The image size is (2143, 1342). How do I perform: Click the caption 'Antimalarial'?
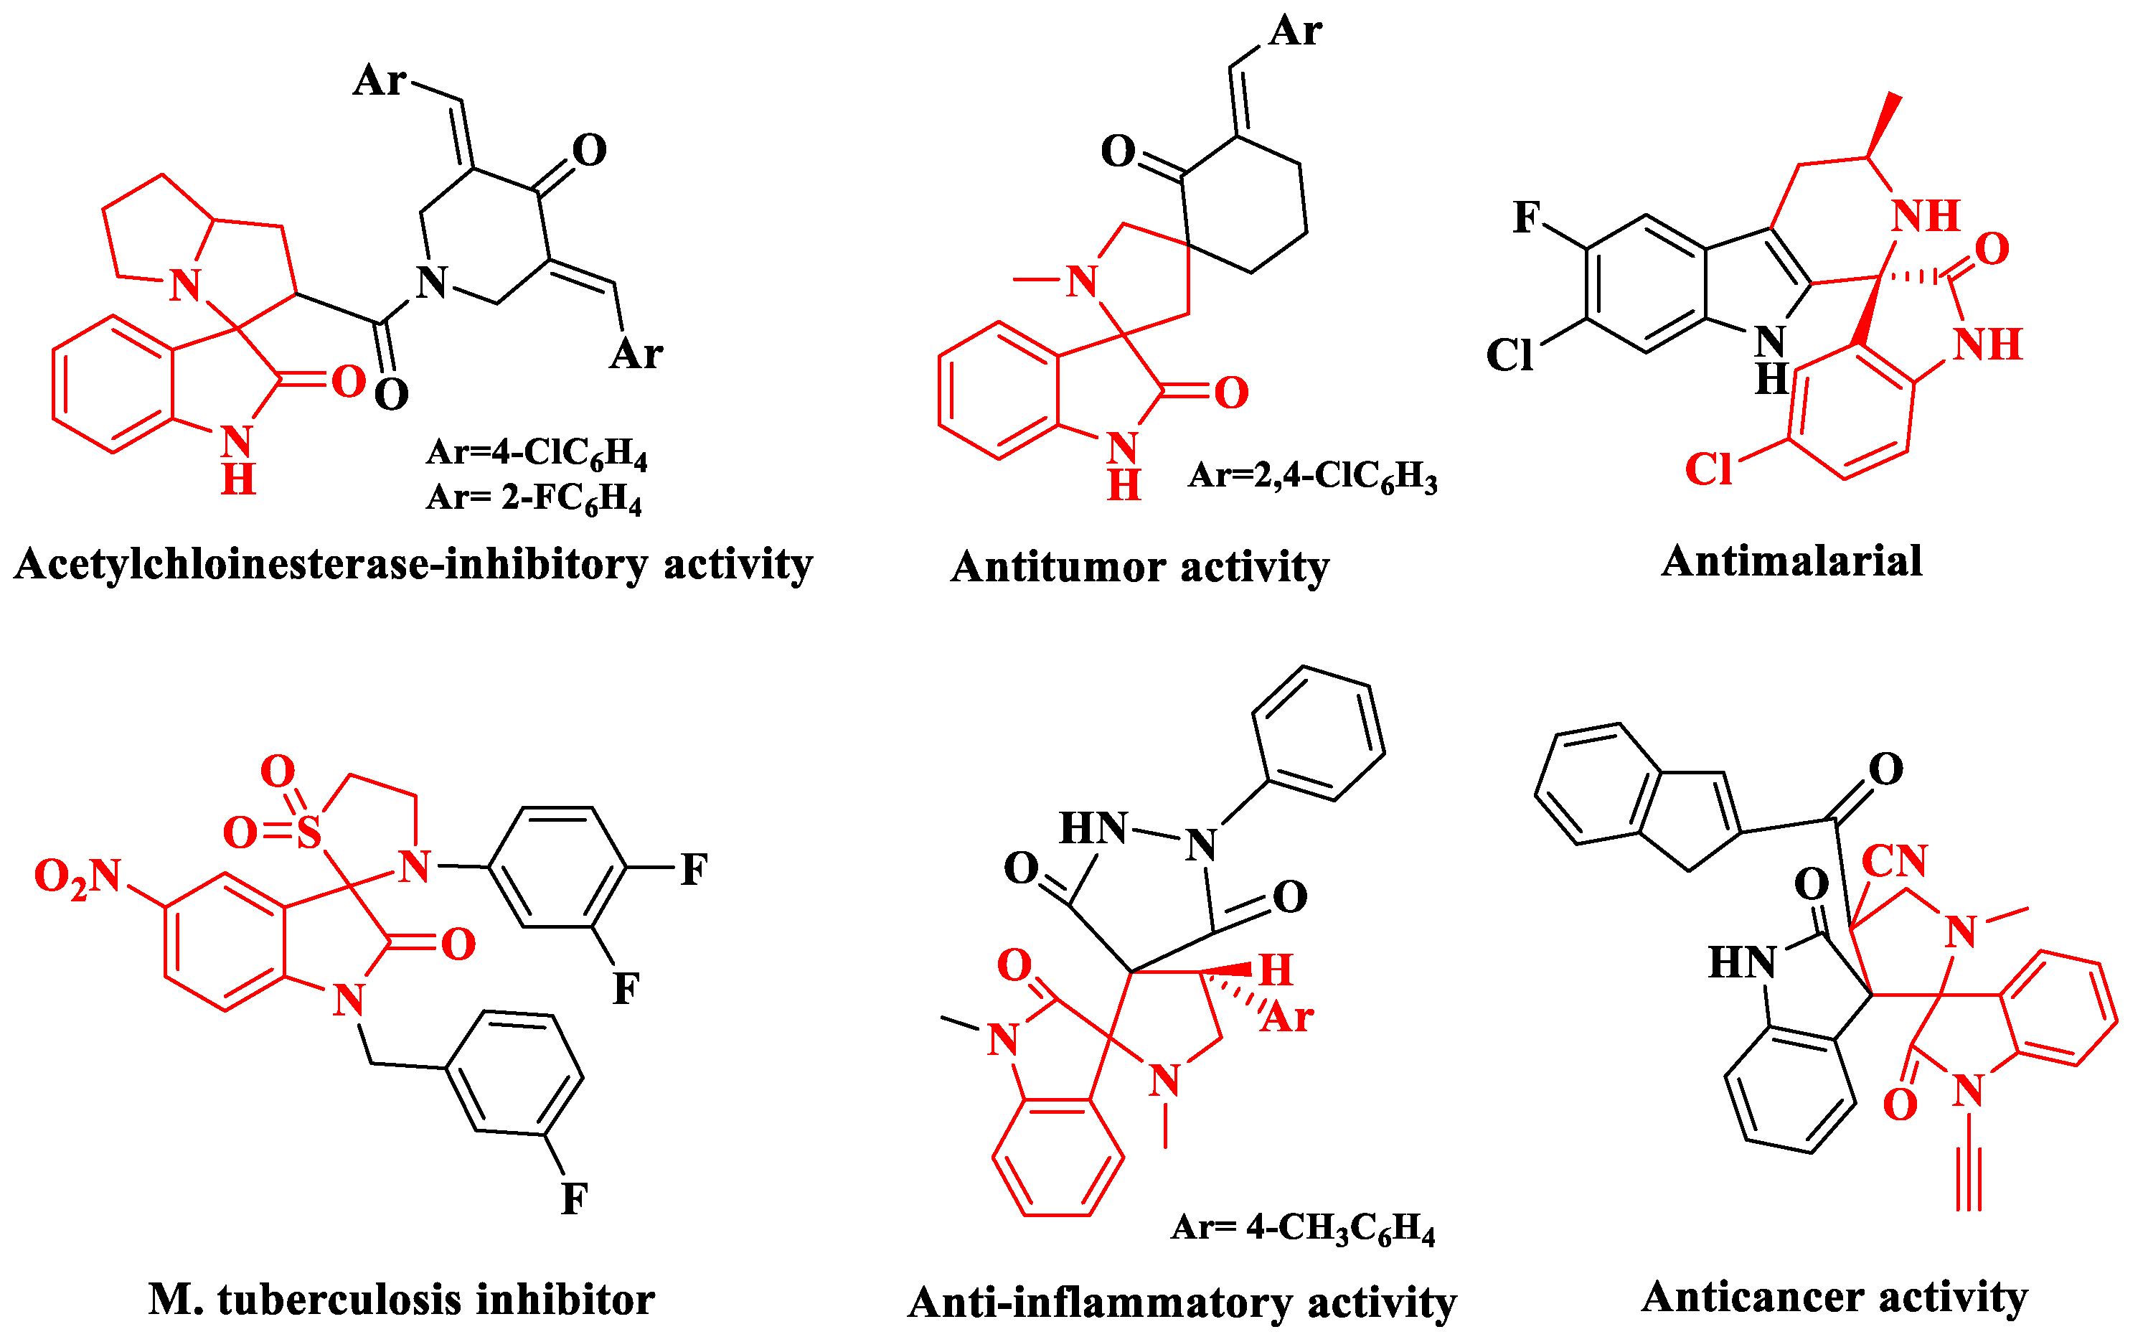tap(1791, 562)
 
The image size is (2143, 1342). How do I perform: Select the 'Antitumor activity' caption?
tap(1139, 567)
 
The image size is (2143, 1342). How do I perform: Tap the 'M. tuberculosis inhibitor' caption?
tap(401, 1300)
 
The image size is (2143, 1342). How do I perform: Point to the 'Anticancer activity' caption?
tap(1834, 1298)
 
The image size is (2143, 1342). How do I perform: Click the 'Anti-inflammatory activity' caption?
tap(1182, 1304)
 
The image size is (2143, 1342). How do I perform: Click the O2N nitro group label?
tap(78, 877)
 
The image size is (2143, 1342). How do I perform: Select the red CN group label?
tap(1895, 861)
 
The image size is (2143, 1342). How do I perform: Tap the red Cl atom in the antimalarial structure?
tap(1708, 469)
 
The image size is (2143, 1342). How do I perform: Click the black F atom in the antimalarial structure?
tap(1526, 217)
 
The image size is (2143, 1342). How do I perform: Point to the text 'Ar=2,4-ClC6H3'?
tap(1312, 477)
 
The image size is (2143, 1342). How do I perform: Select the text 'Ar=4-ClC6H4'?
tap(537, 453)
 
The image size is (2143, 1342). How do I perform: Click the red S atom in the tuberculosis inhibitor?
tap(308, 832)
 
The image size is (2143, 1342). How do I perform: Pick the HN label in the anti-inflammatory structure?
tap(1093, 829)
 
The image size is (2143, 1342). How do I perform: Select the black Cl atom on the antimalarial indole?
tap(1509, 356)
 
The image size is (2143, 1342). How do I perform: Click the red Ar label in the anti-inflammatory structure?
tap(1288, 1017)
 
